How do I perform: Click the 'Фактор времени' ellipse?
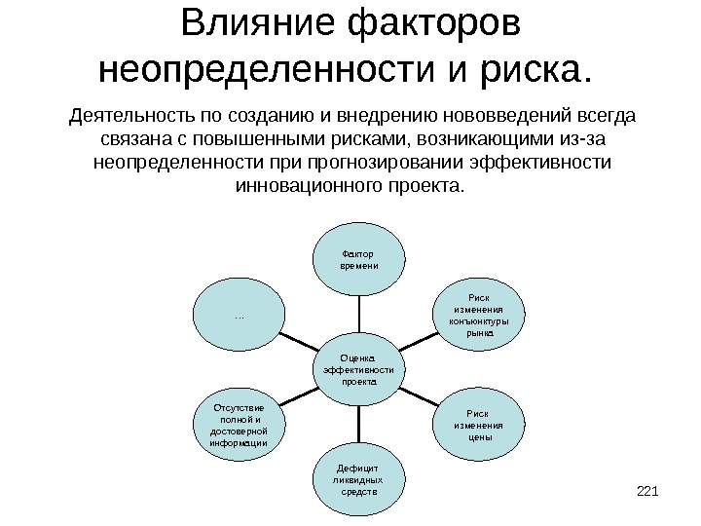pos(359,260)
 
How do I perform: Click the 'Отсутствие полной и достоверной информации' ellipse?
pos(240,425)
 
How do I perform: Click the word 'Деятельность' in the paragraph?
pos(132,118)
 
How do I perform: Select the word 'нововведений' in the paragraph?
pos(455,118)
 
